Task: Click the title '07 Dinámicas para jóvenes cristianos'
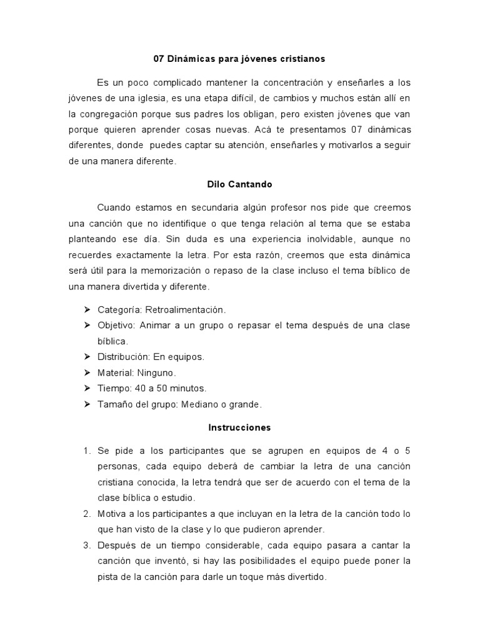point(239,59)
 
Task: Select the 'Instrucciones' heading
point(239,428)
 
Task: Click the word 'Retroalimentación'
point(185,310)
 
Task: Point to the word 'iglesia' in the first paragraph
point(145,99)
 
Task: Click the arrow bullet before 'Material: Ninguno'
point(87,372)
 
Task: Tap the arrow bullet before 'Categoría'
point(87,310)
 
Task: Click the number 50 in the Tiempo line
point(162,389)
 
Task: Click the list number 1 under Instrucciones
point(87,451)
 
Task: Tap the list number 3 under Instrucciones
point(87,545)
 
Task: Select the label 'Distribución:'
point(123,357)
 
